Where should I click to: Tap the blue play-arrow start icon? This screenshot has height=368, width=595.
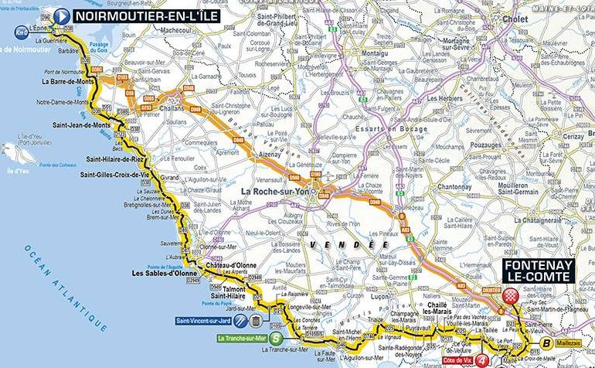61,15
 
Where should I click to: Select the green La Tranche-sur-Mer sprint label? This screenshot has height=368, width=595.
240,338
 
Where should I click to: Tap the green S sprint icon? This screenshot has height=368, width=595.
276,338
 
